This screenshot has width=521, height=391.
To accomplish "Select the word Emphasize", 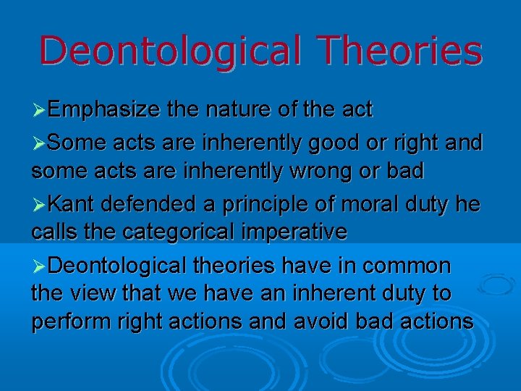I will pos(105,110).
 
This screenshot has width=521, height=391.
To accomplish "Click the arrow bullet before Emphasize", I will pos(40,111).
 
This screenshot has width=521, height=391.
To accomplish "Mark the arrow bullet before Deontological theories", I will pos(40,267).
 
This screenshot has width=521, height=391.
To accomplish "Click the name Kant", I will pos(74,205).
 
